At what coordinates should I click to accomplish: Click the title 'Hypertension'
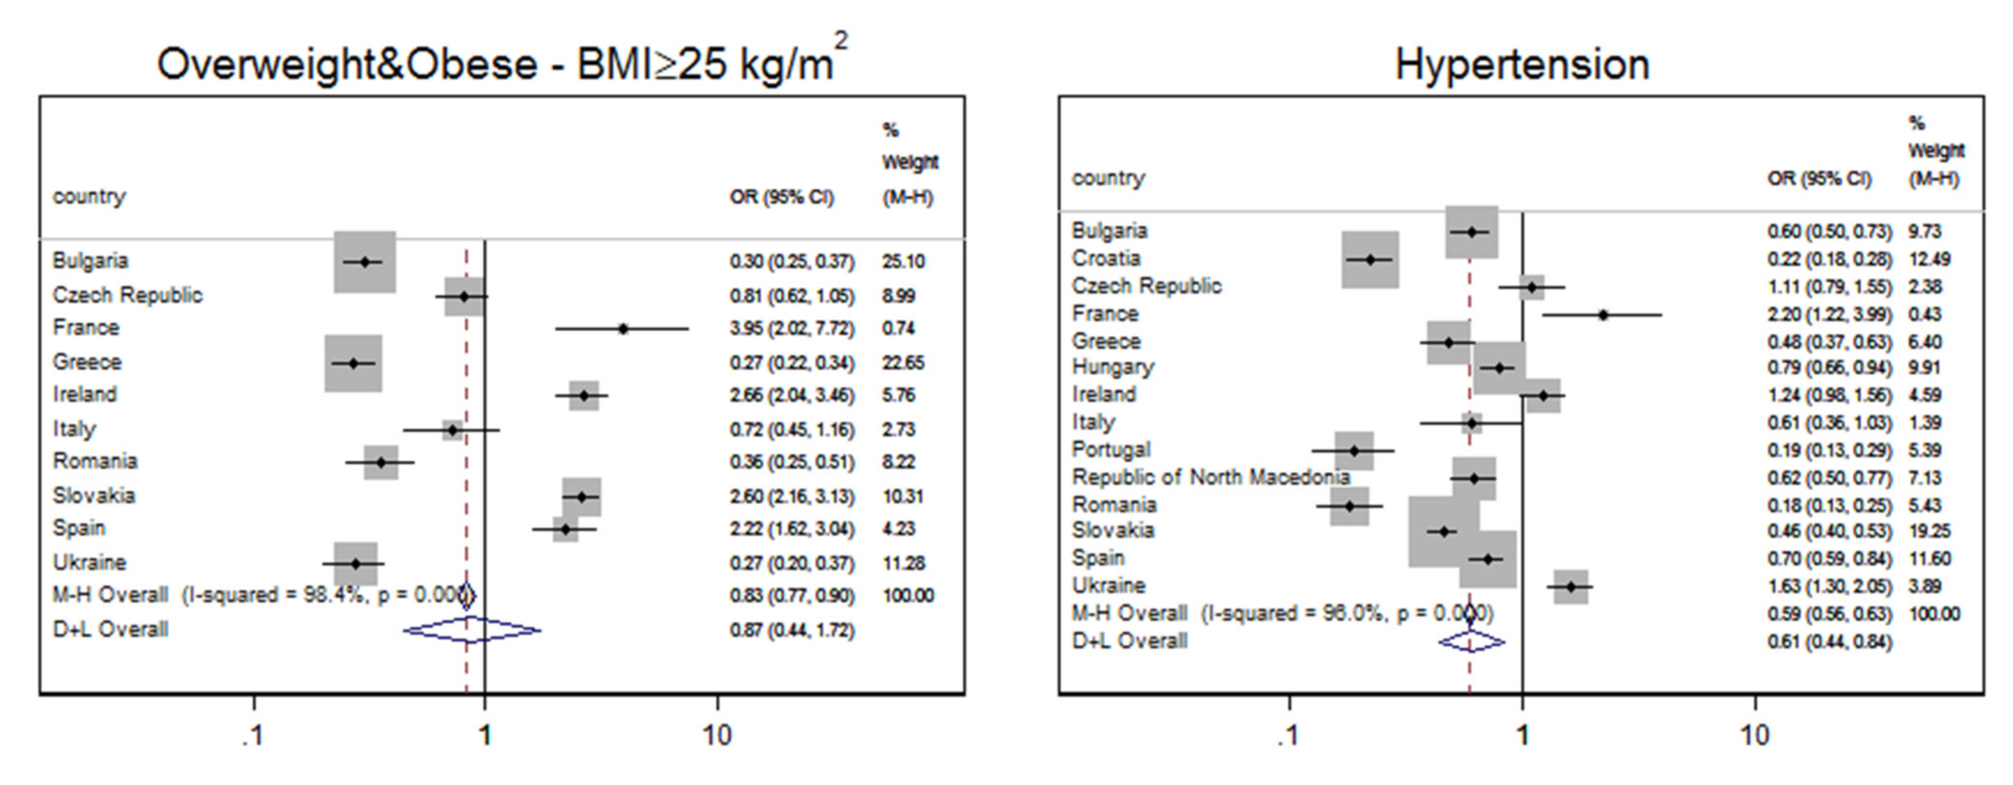point(1521,65)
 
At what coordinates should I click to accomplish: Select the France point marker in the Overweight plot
point(623,329)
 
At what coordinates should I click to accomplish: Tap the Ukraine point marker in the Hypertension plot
point(1570,587)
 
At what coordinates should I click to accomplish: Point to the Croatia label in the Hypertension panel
point(1105,258)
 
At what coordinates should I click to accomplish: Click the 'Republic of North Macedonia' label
point(1209,477)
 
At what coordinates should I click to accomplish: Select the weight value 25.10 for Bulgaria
point(903,262)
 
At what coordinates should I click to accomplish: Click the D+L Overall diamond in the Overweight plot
point(472,631)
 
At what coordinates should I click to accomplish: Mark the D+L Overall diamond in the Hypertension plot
point(1470,642)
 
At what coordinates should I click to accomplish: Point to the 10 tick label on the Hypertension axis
point(1754,735)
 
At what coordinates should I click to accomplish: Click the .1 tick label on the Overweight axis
point(252,735)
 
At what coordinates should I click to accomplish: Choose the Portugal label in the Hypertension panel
point(1110,450)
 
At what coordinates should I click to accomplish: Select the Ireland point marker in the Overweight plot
point(583,396)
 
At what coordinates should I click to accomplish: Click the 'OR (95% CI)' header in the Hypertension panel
point(1818,179)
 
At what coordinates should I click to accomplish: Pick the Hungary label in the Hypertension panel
point(1112,367)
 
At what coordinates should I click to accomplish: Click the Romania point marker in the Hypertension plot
point(1349,506)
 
